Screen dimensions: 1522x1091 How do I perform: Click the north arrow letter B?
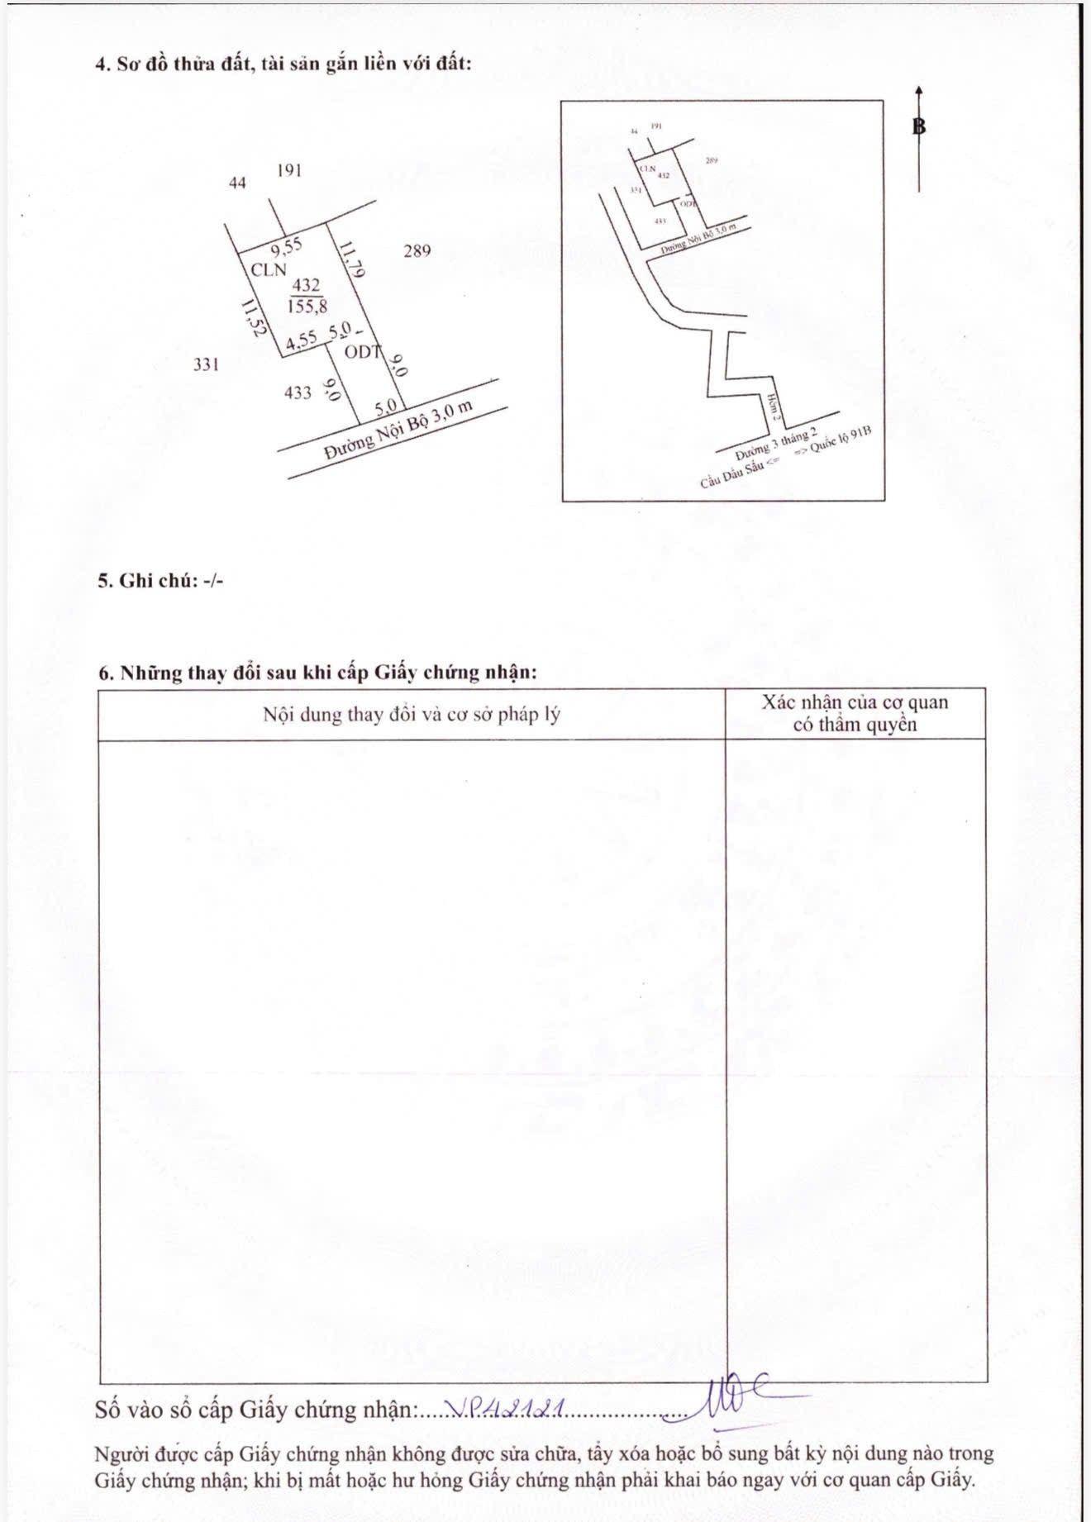click(919, 126)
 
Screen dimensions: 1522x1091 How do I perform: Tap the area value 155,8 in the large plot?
click(307, 306)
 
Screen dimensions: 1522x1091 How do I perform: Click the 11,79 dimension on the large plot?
click(350, 258)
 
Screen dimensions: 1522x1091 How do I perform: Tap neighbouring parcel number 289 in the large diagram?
click(417, 250)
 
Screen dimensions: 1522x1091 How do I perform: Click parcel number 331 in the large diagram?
click(206, 364)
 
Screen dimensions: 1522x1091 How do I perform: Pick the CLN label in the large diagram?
click(269, 269)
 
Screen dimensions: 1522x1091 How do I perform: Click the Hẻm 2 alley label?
click(773, 406)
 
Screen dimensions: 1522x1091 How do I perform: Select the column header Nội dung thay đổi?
click(411, 714)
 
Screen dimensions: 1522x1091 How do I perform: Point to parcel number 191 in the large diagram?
click(289, 170)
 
